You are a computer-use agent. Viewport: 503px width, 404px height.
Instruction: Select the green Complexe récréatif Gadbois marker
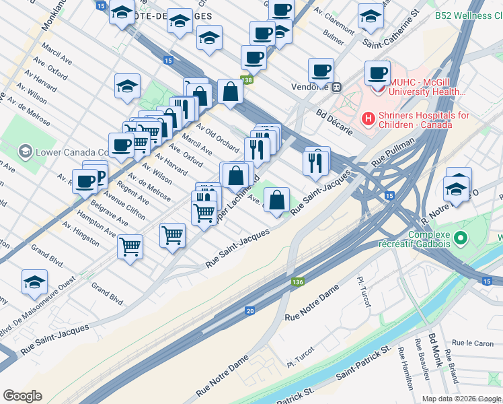pyautogui.click(x=461, y=238)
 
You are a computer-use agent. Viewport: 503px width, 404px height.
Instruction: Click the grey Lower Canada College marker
pyautogui.click(x=26, y=151)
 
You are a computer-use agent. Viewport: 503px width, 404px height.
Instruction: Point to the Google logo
pyautogui.click(x=23, y=396)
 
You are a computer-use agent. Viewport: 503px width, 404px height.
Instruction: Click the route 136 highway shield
pyautogui.click(x=297, y=283)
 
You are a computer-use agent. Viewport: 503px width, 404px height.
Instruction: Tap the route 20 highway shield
pyautogui.click(x=250, y=310)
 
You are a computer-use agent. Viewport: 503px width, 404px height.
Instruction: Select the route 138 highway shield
pyautogui.click(x=247, y=80)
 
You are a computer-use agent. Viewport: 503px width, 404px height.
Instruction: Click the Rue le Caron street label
pyautogui.click(x=473, y=343)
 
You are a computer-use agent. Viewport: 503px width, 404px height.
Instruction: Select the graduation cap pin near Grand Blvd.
pyautogui.click(x=34, y=283)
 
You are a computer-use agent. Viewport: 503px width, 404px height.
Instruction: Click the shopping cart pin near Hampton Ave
pyautogui.click(x=130, y=245)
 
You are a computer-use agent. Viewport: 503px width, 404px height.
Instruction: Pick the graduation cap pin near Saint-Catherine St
pyautogui.click(x=370, y=17)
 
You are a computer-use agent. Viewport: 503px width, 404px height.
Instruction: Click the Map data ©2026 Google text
pyautogui.click(x=461, y=399)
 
